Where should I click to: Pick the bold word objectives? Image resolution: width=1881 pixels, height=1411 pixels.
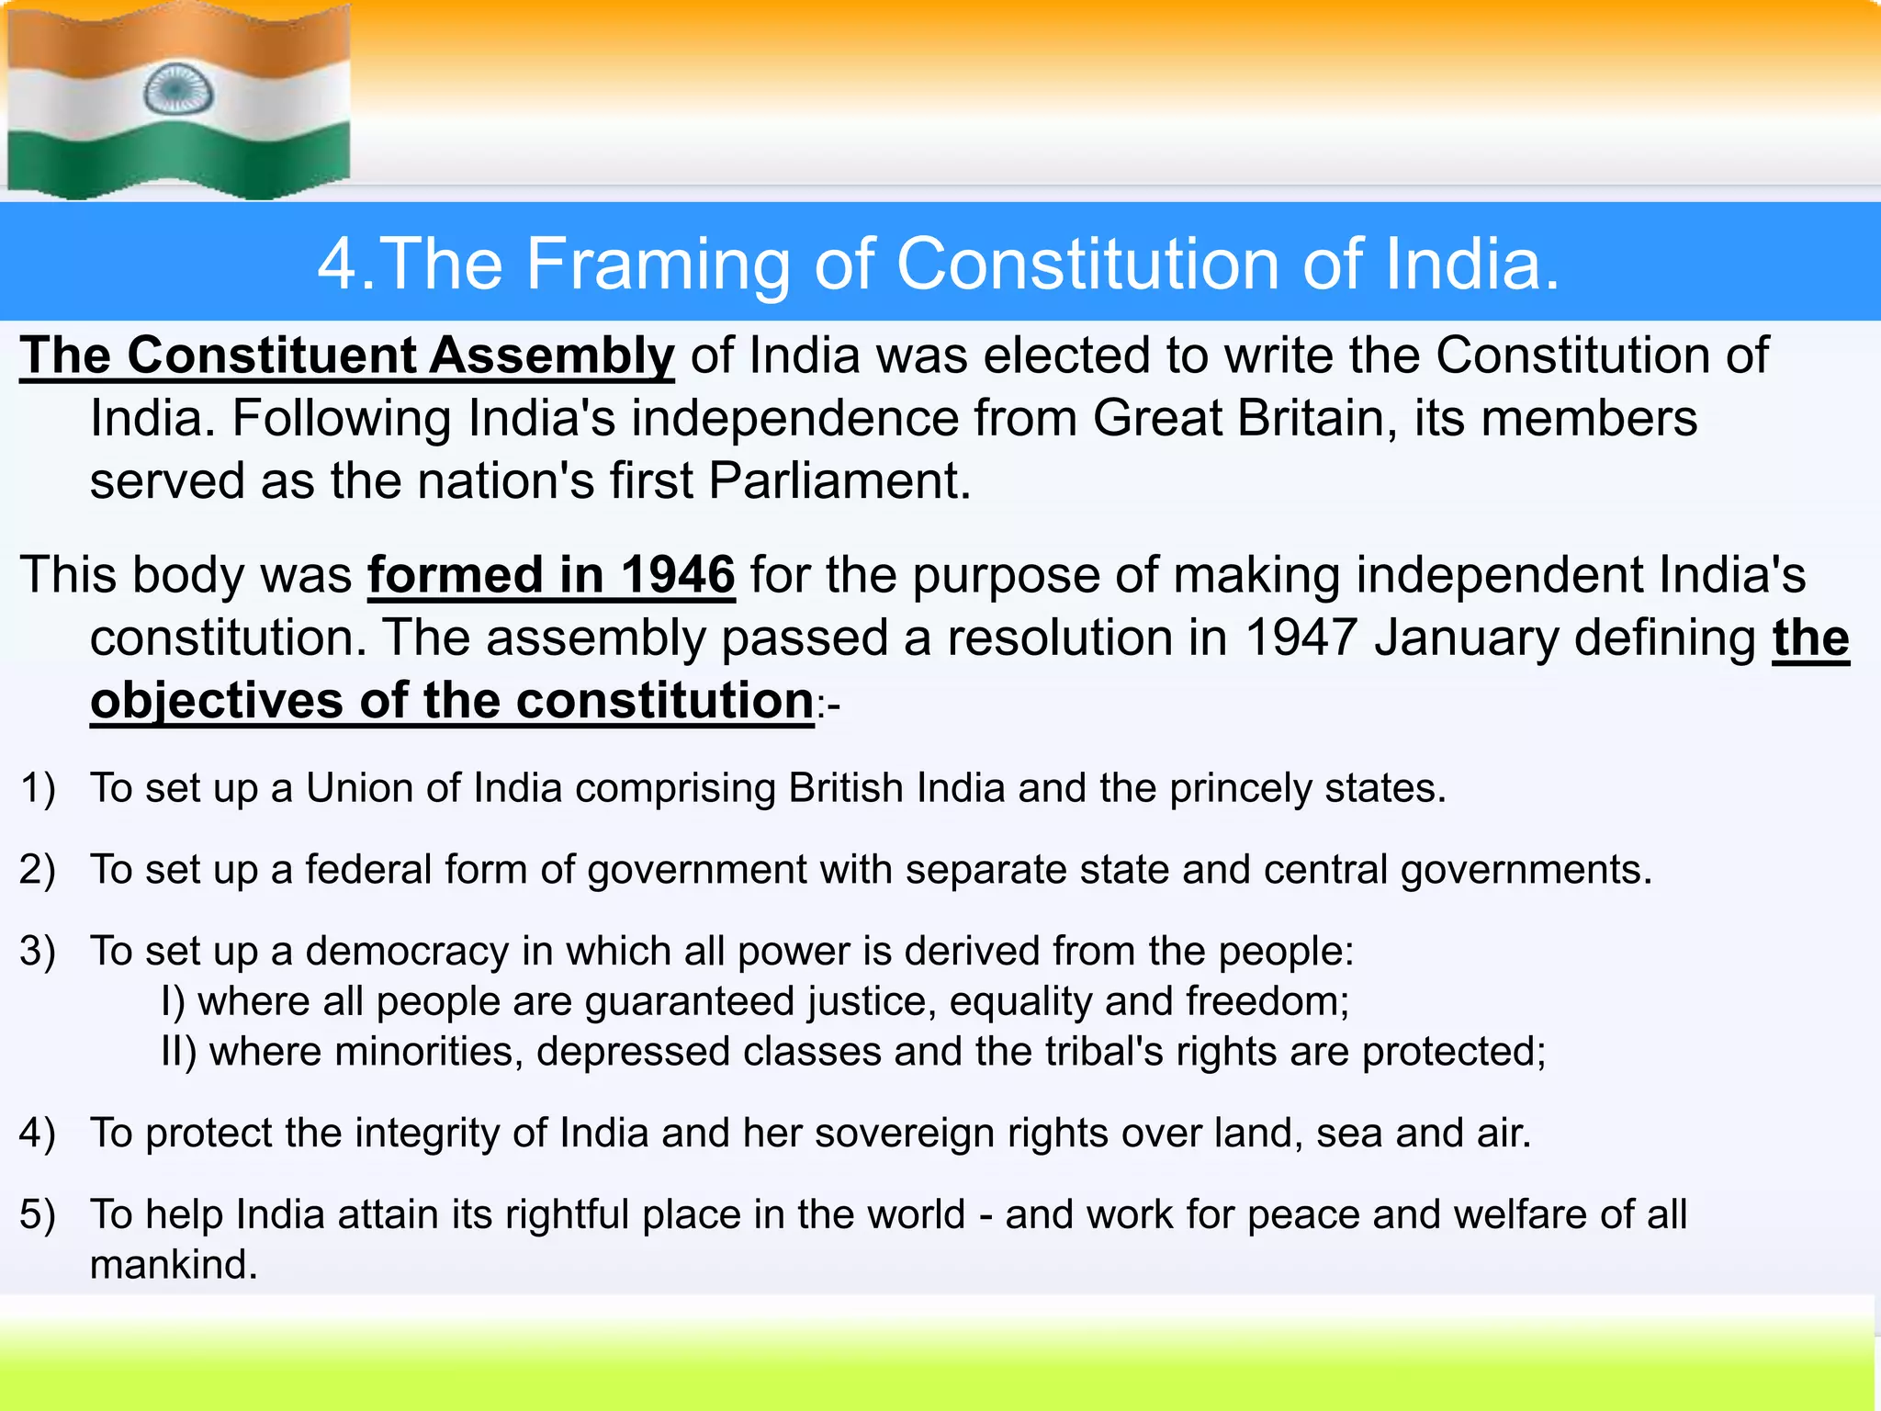coord(216,701)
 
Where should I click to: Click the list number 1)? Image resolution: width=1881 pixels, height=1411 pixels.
coord(38,789)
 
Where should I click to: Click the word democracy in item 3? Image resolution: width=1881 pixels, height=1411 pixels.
coord(407,952)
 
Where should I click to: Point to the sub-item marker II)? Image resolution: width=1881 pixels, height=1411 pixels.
coord(178,1052)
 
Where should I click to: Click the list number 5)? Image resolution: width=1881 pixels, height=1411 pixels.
coord(38,1214)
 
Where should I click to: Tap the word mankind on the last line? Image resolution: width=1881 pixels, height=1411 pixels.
coord(174,1265)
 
